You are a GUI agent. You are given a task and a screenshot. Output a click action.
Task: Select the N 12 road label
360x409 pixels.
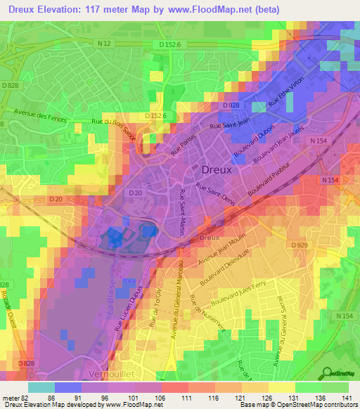pyautogui.click(x=104, y=44)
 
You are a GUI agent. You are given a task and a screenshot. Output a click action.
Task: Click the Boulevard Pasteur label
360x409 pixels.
pyautogui.click(x=269, y=181)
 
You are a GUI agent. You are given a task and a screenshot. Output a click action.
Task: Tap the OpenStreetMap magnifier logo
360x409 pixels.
pyautogui.click(x=328, y=373)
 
